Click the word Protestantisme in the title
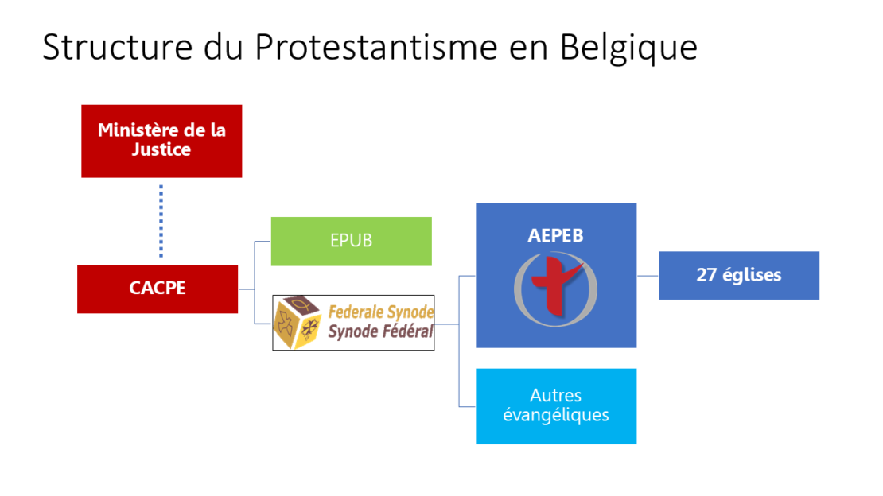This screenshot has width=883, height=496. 375,46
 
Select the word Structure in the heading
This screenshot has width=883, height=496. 117,46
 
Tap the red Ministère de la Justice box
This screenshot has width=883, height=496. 161,141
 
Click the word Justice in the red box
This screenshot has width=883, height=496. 161,149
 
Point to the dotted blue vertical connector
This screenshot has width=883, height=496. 161,221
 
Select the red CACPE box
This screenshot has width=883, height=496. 158,289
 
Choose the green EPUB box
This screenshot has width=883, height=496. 352,241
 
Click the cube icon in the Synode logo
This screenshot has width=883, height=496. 298,322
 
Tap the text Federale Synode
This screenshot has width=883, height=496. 381,312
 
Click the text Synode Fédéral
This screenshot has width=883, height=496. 381,331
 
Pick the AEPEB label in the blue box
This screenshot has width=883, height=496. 555,235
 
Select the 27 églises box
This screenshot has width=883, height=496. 739,275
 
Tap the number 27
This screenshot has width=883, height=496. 706,275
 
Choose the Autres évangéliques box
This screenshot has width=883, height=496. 556,406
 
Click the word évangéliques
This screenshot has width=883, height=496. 556,415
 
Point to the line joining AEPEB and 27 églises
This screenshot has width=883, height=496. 648,276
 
